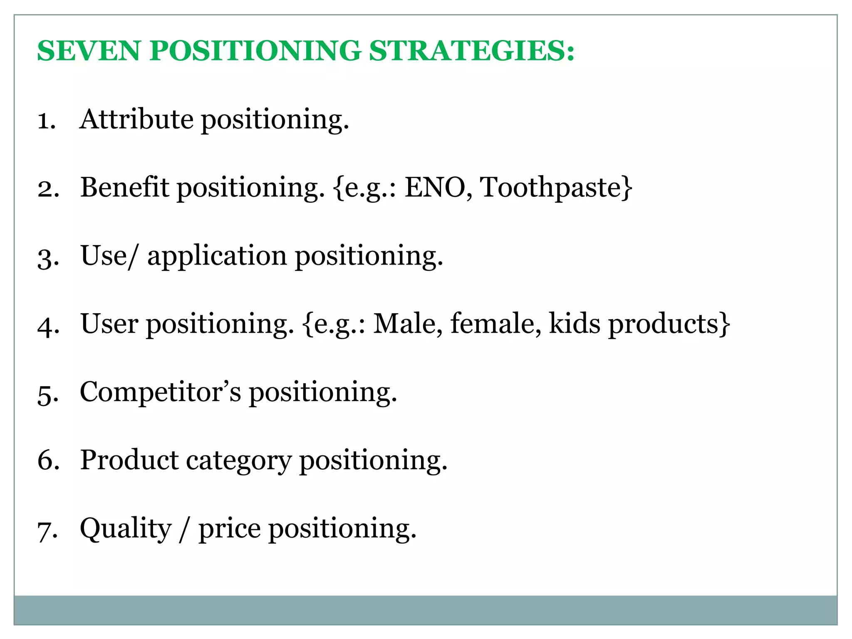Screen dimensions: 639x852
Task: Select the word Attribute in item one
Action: click(x=136, y=119)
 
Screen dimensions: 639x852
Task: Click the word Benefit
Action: click(x=124, y=187)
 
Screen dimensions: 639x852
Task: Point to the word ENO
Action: click(x=435, y=187)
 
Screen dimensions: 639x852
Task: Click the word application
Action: click(x=217, y=257)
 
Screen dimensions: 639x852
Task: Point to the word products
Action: click(x=664, y=324)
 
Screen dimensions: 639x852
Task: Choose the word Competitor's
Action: click(x=160, y=392)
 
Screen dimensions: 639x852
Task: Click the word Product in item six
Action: click(x=129, y=460)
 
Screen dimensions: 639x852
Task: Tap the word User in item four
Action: click(x=109, y=324)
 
